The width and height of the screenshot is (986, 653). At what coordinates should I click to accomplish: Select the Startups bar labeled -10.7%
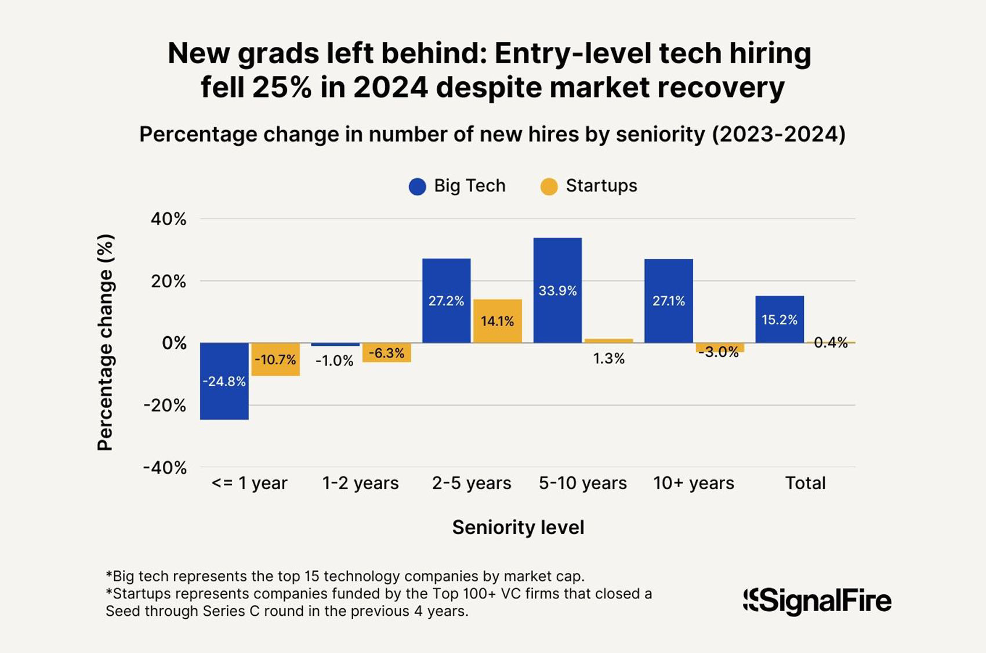click(275, 359)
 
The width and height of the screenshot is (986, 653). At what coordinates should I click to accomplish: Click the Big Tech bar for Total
click(780, 319)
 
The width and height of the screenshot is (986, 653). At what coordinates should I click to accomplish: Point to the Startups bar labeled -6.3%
click(387, 352)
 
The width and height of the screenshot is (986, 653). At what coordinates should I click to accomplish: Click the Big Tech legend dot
click(418, 186)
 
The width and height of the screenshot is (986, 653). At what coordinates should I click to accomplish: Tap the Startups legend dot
click(549, 186)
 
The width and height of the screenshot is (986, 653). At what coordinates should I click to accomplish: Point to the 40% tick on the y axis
click(169, 219)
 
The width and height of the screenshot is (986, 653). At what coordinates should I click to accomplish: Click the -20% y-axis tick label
click(165, 405)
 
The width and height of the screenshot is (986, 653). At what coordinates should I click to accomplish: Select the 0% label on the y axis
click(174, 343)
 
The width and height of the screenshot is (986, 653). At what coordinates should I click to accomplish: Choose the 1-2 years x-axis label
click(361, 483)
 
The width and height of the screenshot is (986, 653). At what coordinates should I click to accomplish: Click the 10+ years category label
click(694, 483)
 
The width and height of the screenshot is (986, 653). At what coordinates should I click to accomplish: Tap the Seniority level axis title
click(518, 527)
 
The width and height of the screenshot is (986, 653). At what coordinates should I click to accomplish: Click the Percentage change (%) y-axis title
click(105, 342)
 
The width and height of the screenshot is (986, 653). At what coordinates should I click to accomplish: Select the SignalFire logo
click(817, 601)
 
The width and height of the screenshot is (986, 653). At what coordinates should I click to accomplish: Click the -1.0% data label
click(335, 360)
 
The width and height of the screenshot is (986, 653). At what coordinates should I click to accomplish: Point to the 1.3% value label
click(609, 359)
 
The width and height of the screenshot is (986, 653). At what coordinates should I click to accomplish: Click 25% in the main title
click(284, 88)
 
